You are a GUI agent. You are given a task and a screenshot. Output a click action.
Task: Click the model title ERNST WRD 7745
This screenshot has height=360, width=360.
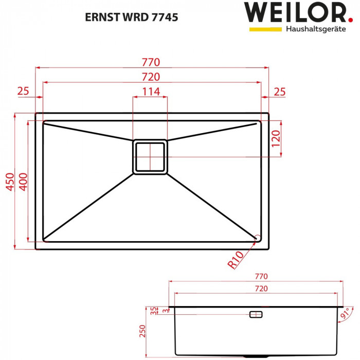[131, 16]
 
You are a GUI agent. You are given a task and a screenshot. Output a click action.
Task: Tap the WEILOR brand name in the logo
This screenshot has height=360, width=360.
[287, 12]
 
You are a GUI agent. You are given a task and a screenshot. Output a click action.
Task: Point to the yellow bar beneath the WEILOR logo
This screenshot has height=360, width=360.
[265, 29]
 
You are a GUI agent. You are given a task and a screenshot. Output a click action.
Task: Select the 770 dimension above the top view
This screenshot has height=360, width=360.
[152, 62]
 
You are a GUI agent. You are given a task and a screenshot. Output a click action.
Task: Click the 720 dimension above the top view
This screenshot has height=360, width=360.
[152, 77]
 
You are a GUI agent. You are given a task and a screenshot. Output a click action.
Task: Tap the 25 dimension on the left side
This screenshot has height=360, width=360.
[23, 92]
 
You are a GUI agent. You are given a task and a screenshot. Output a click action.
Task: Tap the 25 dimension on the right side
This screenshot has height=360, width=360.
[279, 92]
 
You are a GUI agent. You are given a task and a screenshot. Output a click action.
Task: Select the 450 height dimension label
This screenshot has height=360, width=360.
[9, 182]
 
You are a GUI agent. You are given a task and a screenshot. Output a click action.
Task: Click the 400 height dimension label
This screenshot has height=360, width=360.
[22, 182]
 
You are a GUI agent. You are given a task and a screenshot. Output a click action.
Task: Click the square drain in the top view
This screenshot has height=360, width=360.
[150, 156]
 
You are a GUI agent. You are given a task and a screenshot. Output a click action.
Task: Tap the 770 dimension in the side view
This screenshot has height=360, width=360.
[261, 277]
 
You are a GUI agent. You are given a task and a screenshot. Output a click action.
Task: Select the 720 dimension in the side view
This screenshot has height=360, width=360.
[261, 289]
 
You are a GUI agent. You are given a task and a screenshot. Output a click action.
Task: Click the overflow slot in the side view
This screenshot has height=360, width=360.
[256, 314]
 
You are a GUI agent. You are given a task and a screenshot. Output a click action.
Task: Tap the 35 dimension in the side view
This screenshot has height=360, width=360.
[153, 310]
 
